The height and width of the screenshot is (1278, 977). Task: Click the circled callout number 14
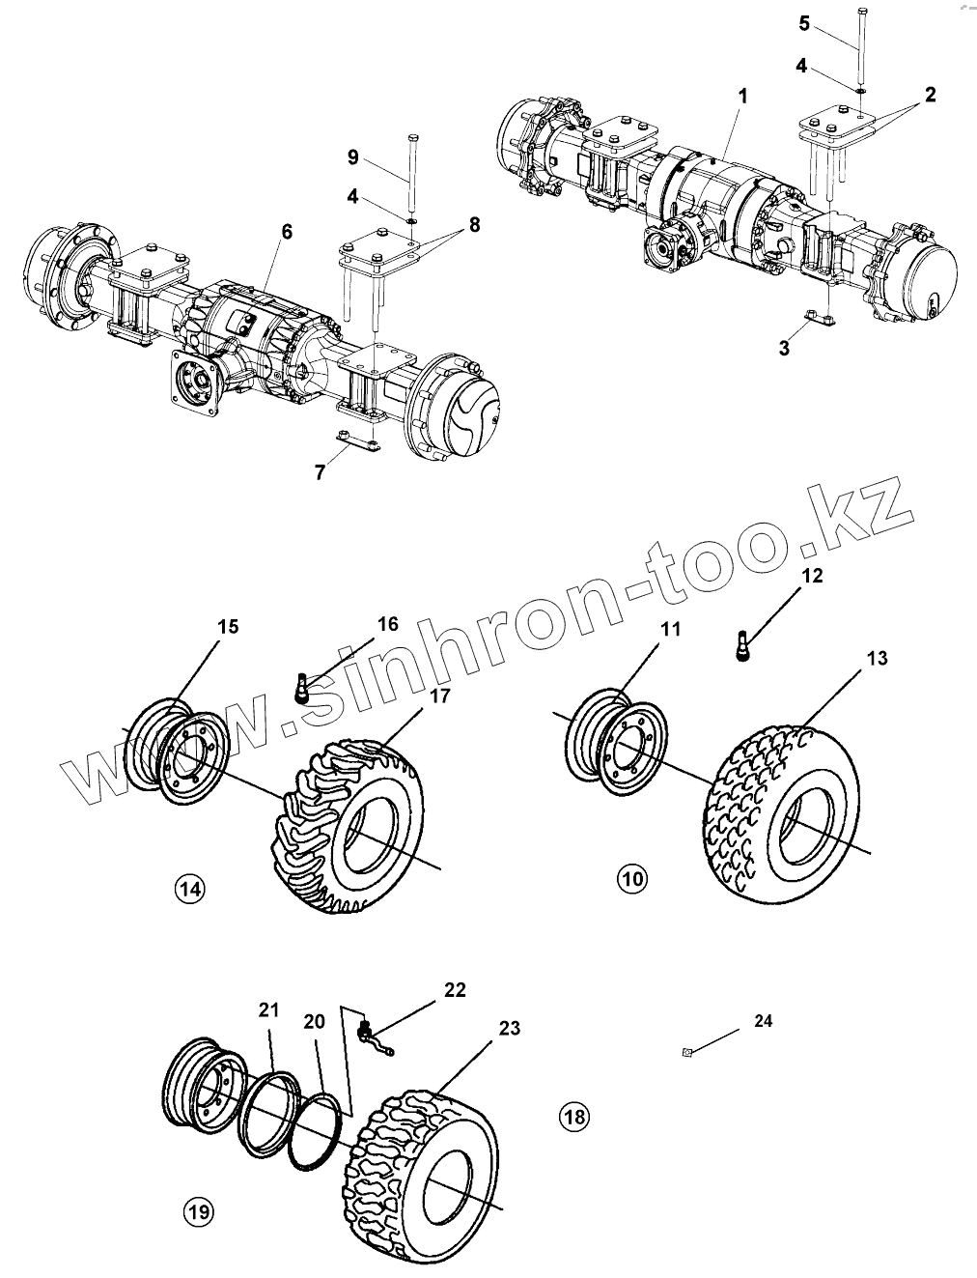(191, 888)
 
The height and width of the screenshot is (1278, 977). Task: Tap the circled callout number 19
(200, 1211)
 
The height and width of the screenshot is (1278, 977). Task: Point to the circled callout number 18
(574, 1117)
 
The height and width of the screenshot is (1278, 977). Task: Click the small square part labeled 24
(684, 1052)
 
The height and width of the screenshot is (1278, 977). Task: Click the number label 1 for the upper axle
(742, 97)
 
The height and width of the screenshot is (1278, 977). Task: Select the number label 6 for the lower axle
(287, 232)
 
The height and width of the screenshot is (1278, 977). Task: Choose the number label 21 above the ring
(268, 1010)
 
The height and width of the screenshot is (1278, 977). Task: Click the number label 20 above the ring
(314, 1021)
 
